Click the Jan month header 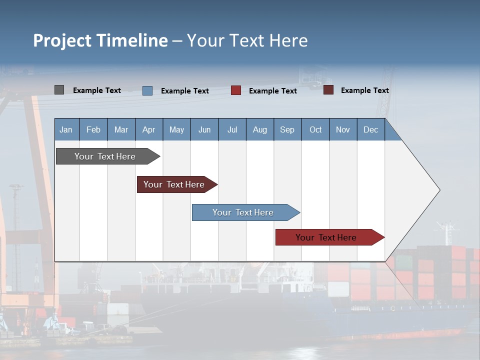pyautogui.click(x=66, y=129)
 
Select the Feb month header pyautogui.click(x=93, y=129)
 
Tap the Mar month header pyautogui.click(x=121, y=129)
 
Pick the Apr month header pyautogui.click(x=149, y=129)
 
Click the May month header pyautogui.click(x=176, y=129)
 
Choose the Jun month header pyautogui.click(x=204, y=129)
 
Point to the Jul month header pyautogui.click(x=232, y=129)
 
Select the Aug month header pyautogui.click(x=260, y=129)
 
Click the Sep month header pyautogui.click(x=287, y=129)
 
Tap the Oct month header pyautogui.click(x=315, y=129)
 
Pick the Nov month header pyautogui.click(x=343, y=129)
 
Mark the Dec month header pyautogui.click(x=371, y=129)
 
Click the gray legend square pyautogui.click(x=59, y=90)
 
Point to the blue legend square pyautogui.click(x=147, y=90)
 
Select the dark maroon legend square pyautogui.click(x=328, y=90)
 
